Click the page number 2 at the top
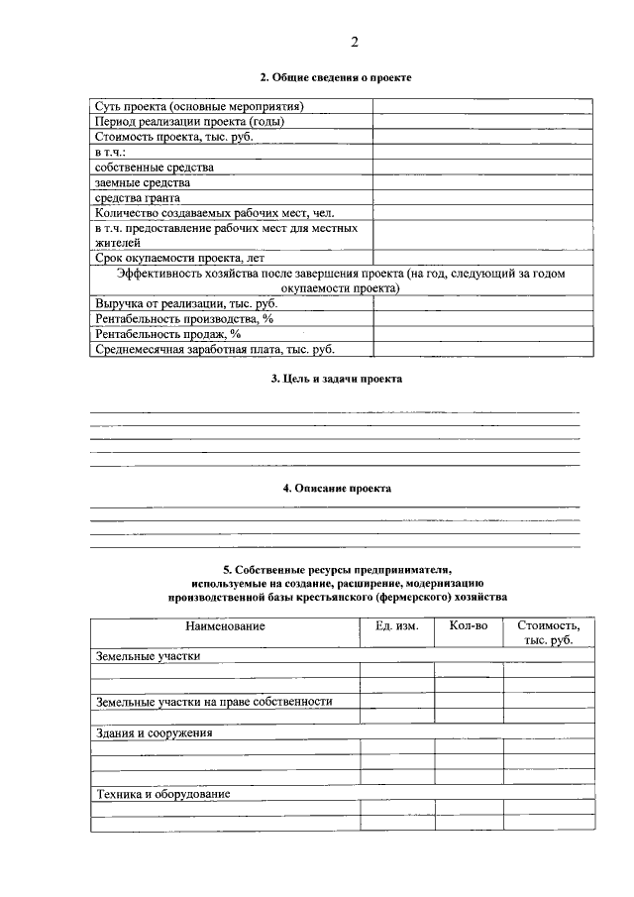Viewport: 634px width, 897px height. [353, 41]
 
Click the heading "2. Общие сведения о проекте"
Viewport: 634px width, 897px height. [335, 77]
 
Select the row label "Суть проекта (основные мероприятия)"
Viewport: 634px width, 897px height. [199, 106]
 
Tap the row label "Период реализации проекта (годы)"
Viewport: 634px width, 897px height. [190, 122]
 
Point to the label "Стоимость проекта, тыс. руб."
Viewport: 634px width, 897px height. [174, 137]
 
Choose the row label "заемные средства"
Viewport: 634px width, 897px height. [143, 182]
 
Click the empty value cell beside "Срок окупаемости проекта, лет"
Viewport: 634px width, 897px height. [482, 258]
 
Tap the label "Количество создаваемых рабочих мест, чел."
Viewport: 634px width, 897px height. [215, 212]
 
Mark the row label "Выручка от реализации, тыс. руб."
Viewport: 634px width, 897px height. [185, 304]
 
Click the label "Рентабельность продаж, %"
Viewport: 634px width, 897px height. [168, 334]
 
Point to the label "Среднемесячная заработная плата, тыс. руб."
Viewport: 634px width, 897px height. [215, 349]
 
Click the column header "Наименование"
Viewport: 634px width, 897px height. [225, 626]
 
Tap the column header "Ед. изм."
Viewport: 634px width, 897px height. [397, 626]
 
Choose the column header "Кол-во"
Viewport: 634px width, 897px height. [469, 626]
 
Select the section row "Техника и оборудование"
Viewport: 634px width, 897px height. [163, 795]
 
